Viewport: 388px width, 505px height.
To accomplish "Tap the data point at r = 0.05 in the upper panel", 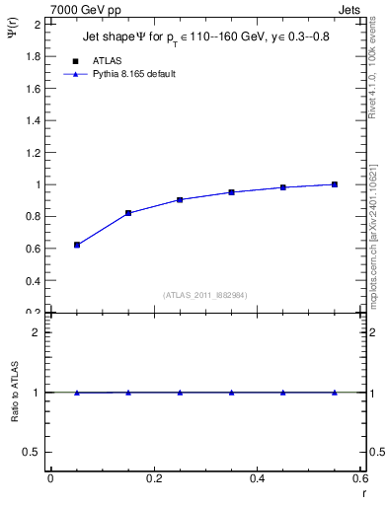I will click(77, 245).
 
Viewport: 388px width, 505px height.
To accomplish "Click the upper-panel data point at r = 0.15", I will click(128, 213).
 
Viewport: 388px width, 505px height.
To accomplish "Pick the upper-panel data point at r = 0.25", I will click(180, 199).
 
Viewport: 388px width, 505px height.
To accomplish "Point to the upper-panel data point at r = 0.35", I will click(231, 192).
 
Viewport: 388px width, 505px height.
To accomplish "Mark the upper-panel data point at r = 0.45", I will click(282, 187).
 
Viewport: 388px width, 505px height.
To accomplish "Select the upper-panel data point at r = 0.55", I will click(335, 184).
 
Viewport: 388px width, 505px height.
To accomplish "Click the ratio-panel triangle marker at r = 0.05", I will click(77, 393).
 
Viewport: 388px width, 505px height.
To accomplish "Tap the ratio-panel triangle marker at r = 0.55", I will click(335, 393).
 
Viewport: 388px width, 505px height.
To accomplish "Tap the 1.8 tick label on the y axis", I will click(34, 57).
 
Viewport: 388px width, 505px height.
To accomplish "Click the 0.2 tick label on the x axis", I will click(153, 478).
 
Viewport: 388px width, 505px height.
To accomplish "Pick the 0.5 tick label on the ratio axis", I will click(34, 452).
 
